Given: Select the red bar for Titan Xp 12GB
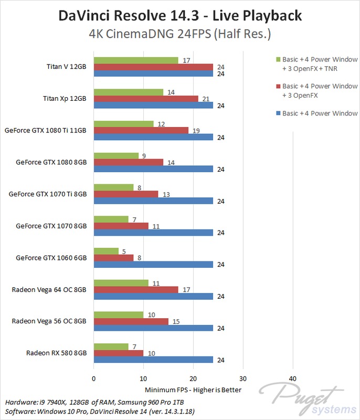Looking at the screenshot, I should pos(145,99).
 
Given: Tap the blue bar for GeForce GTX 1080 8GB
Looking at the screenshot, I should pos(153,169).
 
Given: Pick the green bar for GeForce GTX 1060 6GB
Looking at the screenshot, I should pos(105,251).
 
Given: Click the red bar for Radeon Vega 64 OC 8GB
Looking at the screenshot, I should pos(135,289).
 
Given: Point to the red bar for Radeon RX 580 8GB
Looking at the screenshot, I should pos(118,353).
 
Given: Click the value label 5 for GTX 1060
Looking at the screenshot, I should pos(123,251).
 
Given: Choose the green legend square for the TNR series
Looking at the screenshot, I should pos(277,59).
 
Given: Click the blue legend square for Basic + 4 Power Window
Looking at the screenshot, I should pos(277,113).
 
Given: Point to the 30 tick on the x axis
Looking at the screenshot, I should pos(242,379).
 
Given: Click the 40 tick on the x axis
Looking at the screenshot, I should pos(292,379).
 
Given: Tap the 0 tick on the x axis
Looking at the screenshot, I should pos(93,379).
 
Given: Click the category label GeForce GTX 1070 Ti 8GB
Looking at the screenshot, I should pos(47,194).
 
